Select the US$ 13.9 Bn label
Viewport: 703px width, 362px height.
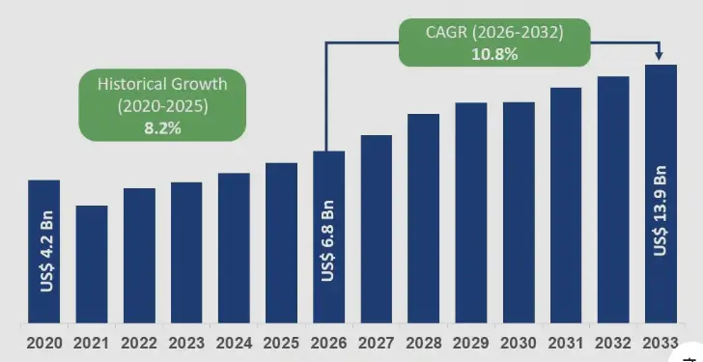tap(661, 211)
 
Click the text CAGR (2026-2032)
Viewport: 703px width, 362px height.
tap(495, 33)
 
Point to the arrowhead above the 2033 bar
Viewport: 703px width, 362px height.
tap(661, 57)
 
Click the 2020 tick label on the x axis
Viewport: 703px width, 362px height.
tap(44, 343)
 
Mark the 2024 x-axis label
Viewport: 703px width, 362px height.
tap(234, 343)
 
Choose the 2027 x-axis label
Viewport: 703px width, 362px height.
tap(376, 343)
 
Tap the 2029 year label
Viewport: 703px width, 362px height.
tap(471, 343)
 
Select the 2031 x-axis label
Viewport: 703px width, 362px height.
tap(566, 343)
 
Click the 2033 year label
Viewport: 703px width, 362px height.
tap(661, 343)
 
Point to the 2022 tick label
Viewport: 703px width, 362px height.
tap(139, 343)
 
